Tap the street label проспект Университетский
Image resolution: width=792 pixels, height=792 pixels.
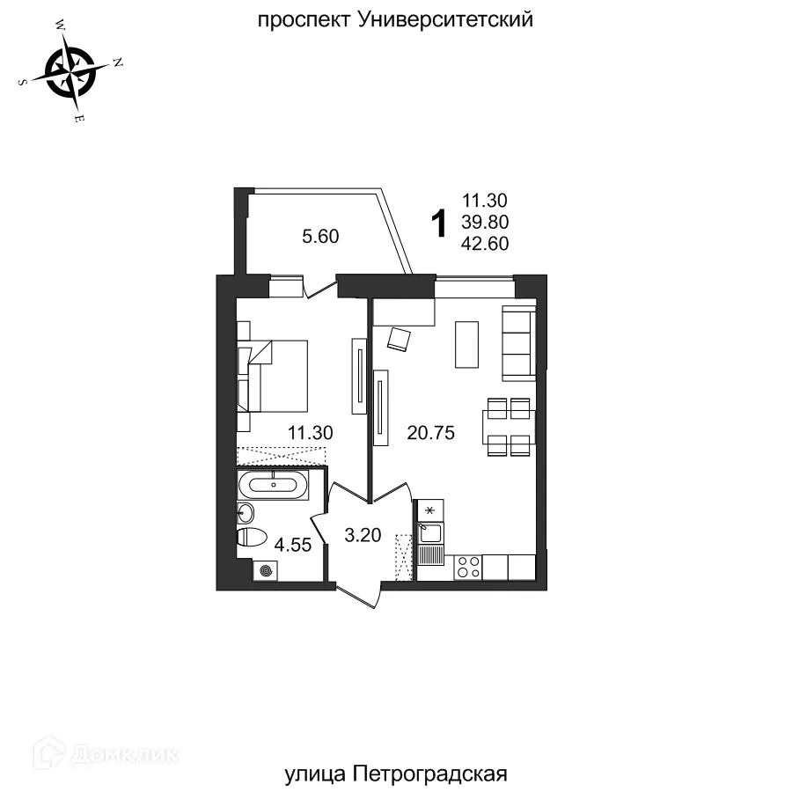tap(395, 19)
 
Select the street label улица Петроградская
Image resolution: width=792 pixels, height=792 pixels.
tap(397, 774)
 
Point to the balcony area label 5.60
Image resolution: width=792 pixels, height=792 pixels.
tap(320, 236)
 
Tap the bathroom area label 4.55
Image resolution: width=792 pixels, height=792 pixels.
tap(293, 545)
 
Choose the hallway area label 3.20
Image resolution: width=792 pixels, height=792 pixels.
tap(363, 534)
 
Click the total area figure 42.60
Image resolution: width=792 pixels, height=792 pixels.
tap(485, 244)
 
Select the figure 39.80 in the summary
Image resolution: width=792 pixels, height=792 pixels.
tap(485, 222)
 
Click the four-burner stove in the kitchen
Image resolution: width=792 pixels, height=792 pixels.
tap(467, 568)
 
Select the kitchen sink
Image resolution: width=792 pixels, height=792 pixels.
tap(430, 532)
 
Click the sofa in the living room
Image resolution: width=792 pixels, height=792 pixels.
tap(518, 343)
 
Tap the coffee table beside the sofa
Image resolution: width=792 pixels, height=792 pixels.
tap(467, 344)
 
